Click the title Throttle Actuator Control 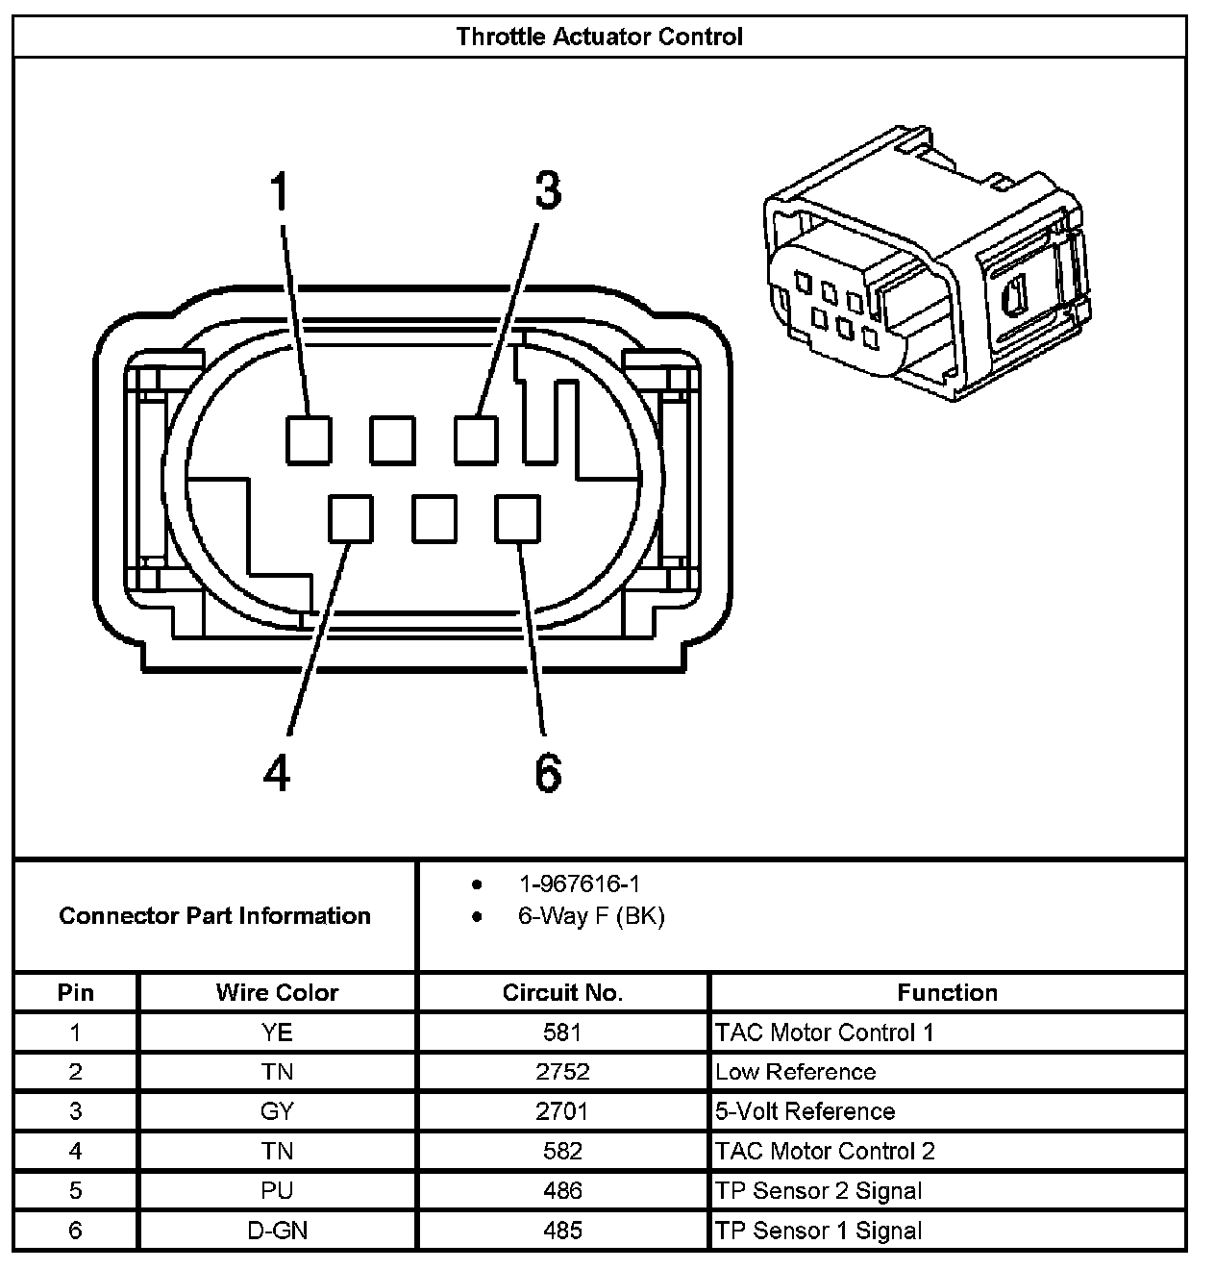(x=599, y=37)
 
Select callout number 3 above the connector (x=547, y=190)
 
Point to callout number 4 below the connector (x=277, y=772)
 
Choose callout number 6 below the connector (x=547, y=772)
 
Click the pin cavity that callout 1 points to (x=310, y=439)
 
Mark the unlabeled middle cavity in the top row (x=393, y=439)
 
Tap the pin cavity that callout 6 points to (x=517, y=518)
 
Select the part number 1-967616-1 (x=579, y=883)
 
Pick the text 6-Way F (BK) (x=590, y=916)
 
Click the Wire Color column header (x=277, y=992)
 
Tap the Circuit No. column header (x=562, y=992)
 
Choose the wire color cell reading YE (x=277, y=1033)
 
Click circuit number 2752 (x=562, y=1072)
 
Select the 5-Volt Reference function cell (x=806, y=1111)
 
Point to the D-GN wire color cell (x=277, y=1231)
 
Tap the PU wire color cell (x=277, y=1191)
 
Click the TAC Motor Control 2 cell (x=825, y=1151)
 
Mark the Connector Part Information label (x=214, y=915)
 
